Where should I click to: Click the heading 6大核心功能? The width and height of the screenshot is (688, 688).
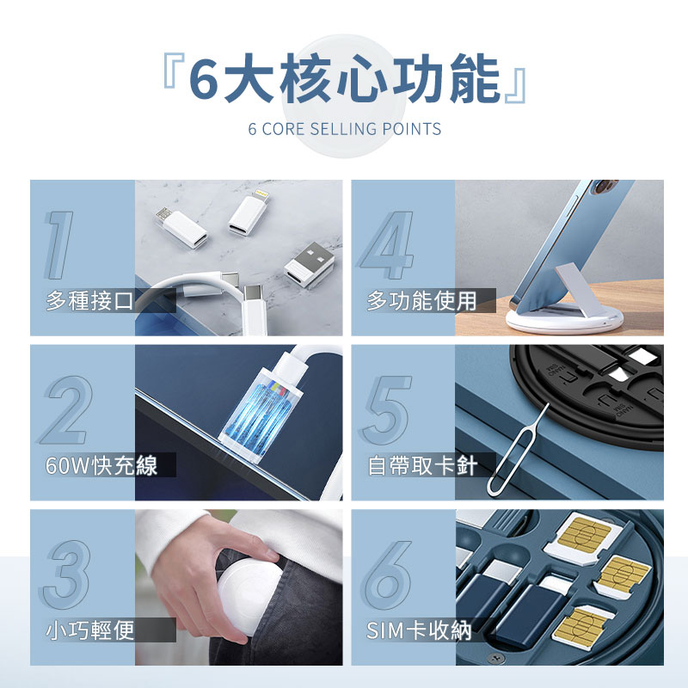pos(345,79)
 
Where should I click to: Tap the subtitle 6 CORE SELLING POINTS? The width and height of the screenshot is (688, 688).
pos(345,129)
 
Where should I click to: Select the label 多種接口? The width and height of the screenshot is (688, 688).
pos(90,301)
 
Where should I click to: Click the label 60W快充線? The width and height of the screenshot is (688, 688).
pos(101,465)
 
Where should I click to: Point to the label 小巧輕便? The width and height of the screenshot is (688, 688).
pos(90,630)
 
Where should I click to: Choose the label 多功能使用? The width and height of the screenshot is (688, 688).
pos(421,301)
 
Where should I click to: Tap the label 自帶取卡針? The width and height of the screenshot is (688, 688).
pos(422,465)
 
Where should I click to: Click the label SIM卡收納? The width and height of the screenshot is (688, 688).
pos(419,630)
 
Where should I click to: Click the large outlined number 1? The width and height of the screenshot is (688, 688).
pos(59,245)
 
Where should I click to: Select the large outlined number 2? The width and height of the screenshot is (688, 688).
pos(67,410)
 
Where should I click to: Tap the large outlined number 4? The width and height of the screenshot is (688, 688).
pos(387,245)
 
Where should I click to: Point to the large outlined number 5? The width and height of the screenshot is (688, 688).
pos(386,410)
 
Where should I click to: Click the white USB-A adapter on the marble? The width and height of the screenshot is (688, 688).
pos(309,265)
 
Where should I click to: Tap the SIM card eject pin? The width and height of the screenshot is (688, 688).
pos(518,448)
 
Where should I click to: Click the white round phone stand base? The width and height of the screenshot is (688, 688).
pos(565,318)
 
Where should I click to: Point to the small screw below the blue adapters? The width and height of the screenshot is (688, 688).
pos(496,658)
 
